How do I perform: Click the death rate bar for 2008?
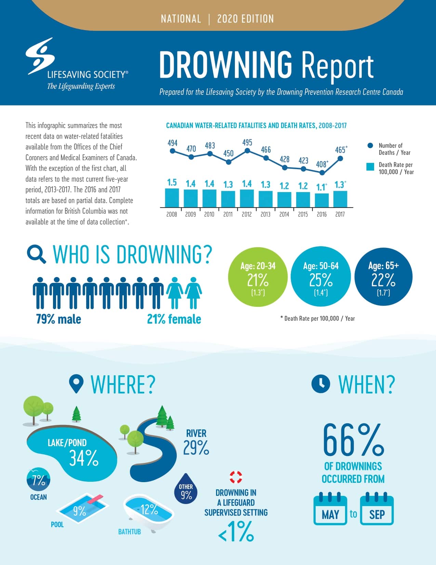[172, 198]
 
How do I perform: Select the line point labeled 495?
[248, 150]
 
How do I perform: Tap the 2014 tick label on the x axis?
[284, 214]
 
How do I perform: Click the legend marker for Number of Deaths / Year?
[370, 146]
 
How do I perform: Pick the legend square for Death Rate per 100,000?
[370, 167]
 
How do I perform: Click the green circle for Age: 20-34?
[258, 277]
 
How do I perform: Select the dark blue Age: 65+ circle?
[383, 277]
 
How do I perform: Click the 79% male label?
[58, 319]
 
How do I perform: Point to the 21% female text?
[174, 319]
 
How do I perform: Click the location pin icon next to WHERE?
[76, 384]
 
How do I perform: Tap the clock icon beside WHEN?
[321, 384]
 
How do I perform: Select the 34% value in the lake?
[84, 458]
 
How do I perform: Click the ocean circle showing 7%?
[38, 479]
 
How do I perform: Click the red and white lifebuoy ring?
[236, 477]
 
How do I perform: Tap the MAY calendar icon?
[330, 510]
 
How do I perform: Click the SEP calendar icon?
[377, 510]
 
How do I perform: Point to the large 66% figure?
[353, 440]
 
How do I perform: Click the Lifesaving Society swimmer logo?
[40, 56]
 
